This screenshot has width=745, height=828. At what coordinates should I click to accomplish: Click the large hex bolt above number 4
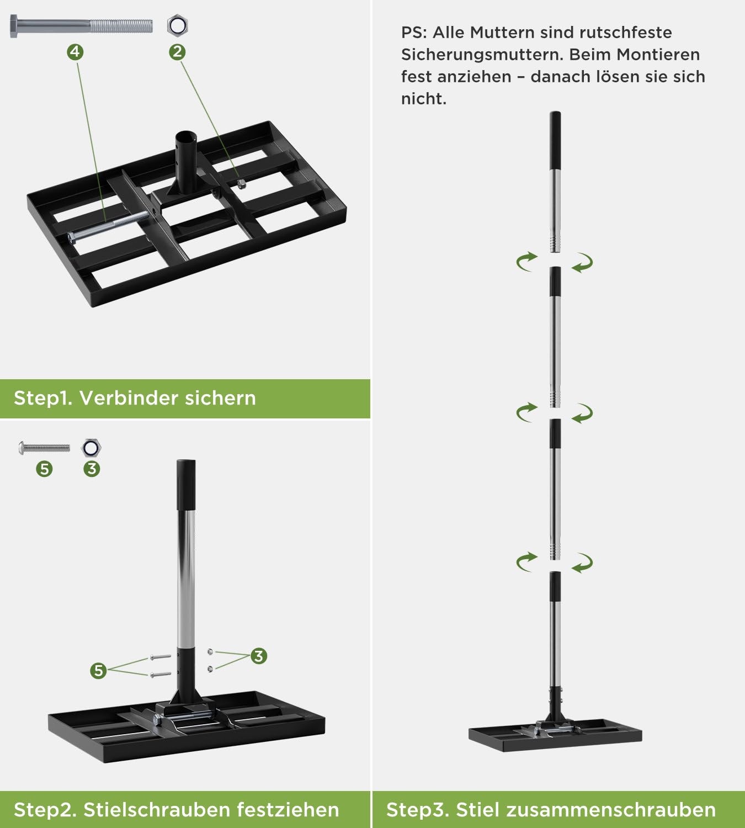(x=81, y=26)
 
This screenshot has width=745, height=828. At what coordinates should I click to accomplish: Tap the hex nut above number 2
(x=178, y=25)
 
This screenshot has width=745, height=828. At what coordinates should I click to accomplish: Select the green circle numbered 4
(x=75, y=52)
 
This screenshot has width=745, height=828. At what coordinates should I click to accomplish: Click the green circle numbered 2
(x=178, y=52)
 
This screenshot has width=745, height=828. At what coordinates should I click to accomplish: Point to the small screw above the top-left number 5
(x=44, y=448)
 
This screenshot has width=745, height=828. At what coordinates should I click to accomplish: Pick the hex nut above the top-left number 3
(x=91, y=448)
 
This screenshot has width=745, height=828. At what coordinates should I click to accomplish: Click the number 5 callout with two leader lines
(x=98, y=670)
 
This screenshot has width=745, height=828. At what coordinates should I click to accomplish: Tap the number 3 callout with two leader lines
(x=259, y=656)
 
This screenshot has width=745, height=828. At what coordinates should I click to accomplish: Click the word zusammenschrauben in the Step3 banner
(x=611, y=810)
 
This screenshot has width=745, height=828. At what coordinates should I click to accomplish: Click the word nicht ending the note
(x=424, y=99)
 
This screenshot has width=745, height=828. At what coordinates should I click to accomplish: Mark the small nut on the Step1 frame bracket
(x=242, y=184)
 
